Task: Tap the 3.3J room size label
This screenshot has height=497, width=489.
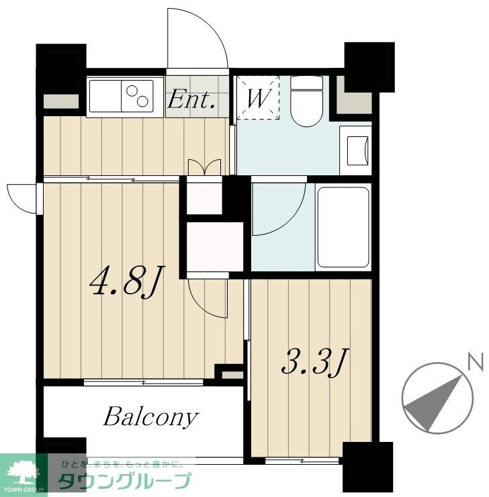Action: pyautogui.click(x=315, y=362)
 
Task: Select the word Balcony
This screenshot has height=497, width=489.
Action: pyautogui.click(x=150, y=418)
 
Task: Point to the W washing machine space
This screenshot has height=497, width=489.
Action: pyautogui.click(x=259, y=98)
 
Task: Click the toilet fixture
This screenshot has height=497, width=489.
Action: pyautogui.click(x=306, y=101)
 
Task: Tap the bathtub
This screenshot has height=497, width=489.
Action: pyautogui.click(x=343, y=227)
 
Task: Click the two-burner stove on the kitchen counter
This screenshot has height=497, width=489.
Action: pyautogui.click(x=137, y=96)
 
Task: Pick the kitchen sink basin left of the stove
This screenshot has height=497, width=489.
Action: pyautogui.click(x=105, y=96)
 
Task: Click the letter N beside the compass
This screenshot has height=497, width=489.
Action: pyautogui.click(x=476, y=361)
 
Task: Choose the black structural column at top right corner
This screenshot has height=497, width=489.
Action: pyautogui.click(x=369, y=67)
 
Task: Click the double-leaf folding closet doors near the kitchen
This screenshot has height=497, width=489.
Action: pyautogui.click(x=204, y=167)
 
